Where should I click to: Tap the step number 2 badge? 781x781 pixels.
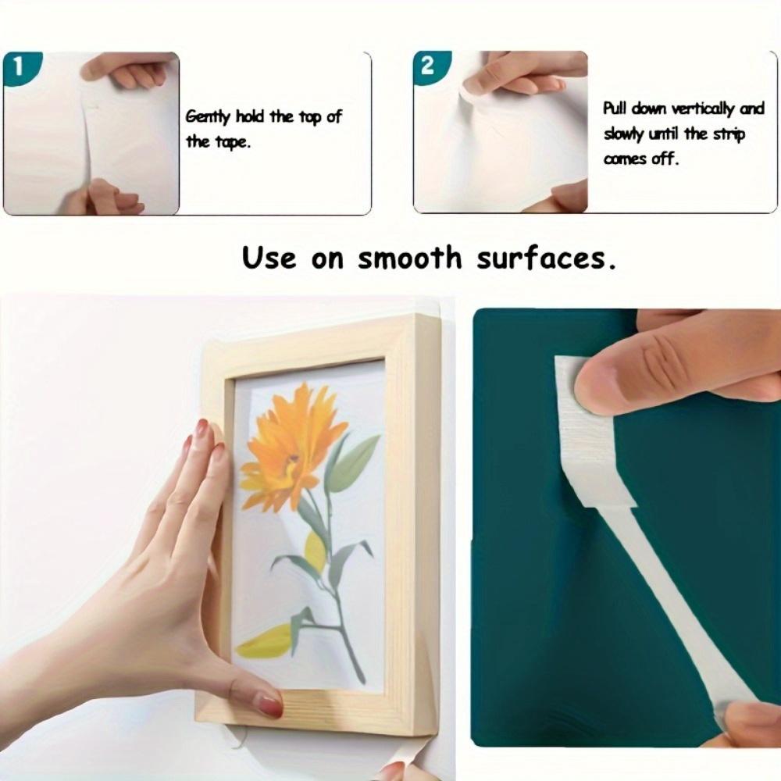[426, 66]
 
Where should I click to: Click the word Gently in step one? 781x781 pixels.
[209, 117]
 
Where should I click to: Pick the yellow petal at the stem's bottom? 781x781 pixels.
[266, 642]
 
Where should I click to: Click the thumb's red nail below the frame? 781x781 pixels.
[270, 705]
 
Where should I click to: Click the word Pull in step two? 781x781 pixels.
[616, 109]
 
